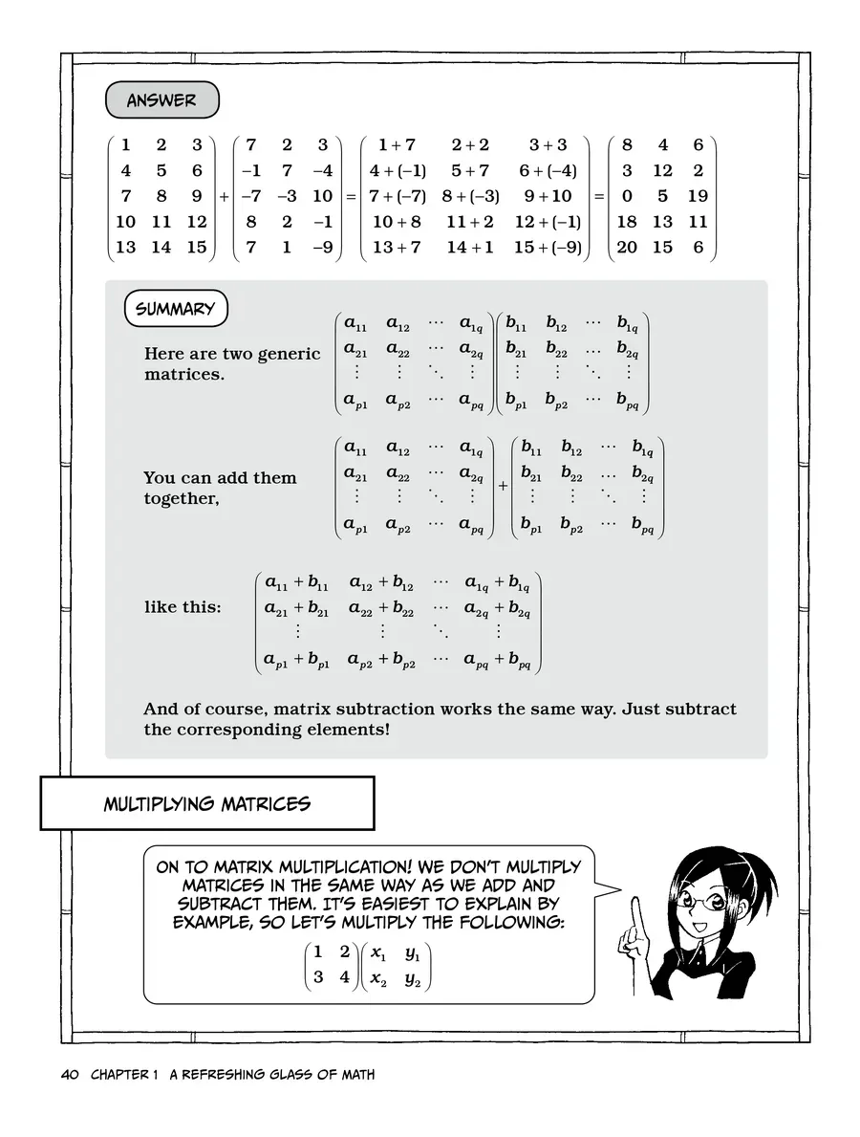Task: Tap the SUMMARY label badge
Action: (x=175, y=309)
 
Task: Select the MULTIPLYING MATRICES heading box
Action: (x=206, y=803)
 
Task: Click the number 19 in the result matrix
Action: (x=698, y=196)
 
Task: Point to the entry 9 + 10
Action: (x=548, y=196)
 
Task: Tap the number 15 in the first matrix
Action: (x=197, y=247)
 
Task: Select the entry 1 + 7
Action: (x=397, y=145)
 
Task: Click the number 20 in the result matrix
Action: (x=627, y=247)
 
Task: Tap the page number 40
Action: (x=69, y=1075)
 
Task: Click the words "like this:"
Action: (x=183, y=607)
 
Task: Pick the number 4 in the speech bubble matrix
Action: (x=344, y=978)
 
